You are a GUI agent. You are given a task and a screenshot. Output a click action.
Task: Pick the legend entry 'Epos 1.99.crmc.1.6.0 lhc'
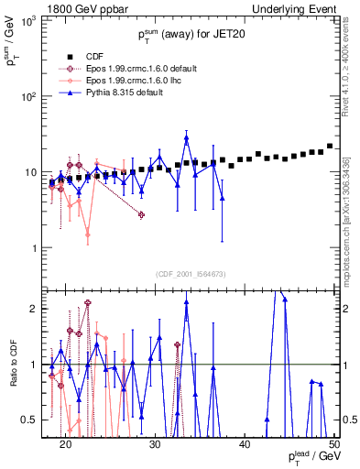point(129,80)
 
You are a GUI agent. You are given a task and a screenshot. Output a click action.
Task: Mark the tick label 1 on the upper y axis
point(38,248)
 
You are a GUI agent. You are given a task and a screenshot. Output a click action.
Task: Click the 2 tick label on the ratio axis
point(38,309)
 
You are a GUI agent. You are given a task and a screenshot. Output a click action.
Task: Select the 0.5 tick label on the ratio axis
point(34,420)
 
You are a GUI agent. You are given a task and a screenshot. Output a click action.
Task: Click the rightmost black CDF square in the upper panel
point(330,146)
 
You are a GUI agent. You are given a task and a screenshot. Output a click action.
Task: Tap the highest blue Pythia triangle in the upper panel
point(186,138)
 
